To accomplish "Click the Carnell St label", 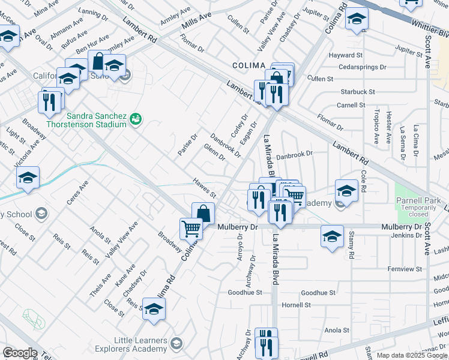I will coord(351,105).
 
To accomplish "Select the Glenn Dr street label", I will coord(214,152).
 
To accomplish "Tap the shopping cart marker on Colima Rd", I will coord(190,227).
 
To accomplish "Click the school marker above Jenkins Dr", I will coord(332,235).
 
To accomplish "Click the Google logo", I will coord(20,353).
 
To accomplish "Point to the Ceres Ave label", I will coord(77,192).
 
